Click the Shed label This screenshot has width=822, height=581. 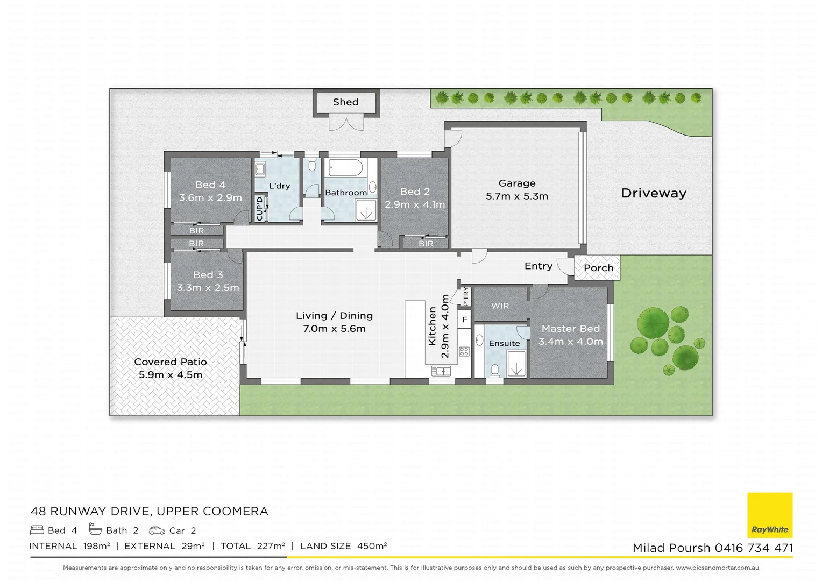point(345,102)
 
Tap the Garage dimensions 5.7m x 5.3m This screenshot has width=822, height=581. point(516,196)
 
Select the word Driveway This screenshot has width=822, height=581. point(654,193)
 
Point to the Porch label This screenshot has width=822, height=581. point(598,268)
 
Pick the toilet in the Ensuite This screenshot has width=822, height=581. point(495,370)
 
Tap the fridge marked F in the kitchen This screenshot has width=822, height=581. point(465,320)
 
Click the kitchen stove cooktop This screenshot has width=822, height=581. point(464,352)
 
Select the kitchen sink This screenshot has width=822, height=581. point(441,371)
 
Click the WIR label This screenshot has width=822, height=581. point(500,306)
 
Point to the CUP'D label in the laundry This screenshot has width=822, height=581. point(260,208)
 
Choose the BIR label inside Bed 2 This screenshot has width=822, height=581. point(426,244)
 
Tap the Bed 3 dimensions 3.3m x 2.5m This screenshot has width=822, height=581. point(208,288)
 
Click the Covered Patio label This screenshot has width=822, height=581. point(171,362)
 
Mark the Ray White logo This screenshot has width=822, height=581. point(770,515)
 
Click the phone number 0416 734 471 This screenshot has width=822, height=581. point(754,548)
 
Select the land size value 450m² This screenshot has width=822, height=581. point(372,546)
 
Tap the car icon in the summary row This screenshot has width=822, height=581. point(157,530)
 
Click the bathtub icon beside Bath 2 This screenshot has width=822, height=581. point(95,530)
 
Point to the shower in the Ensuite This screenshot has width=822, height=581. point(515,364)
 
